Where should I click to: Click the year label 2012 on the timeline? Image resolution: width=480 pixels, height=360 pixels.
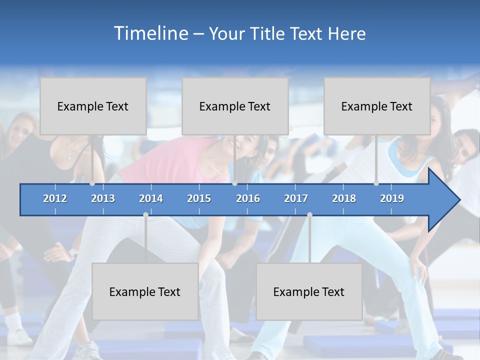[55, 198]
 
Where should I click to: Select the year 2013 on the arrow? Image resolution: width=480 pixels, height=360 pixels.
[103, 198]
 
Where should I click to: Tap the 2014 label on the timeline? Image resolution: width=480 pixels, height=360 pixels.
[151, 198]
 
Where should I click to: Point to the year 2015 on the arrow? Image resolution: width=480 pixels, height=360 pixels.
[199, 198]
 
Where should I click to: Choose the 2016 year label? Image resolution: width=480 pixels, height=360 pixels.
[248, 198]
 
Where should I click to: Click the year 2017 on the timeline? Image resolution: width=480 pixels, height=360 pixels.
[296, 198]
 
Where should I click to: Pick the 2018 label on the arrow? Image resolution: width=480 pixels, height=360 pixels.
[344, 198]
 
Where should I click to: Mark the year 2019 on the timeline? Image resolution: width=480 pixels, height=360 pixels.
[392, 198]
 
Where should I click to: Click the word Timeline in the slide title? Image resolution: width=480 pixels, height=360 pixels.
[150, 33]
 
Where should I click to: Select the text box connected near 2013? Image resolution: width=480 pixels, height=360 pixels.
[93, 106]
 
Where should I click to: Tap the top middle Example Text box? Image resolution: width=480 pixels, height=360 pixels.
[235, 106]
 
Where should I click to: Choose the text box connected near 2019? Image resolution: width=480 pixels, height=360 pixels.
[377, 106]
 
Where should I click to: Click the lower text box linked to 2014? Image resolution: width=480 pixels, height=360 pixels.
[145, 291]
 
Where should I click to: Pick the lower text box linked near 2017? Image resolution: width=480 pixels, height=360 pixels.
[309, 291]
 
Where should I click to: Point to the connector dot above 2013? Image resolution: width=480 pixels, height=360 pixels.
[92, 183]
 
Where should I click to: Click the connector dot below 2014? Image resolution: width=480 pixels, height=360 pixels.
[145, 214]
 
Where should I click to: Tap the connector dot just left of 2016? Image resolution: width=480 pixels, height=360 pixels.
[234, 183]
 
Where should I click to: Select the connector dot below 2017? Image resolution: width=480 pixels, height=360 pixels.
[309, 214]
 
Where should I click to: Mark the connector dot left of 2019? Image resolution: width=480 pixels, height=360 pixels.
[376, 183]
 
